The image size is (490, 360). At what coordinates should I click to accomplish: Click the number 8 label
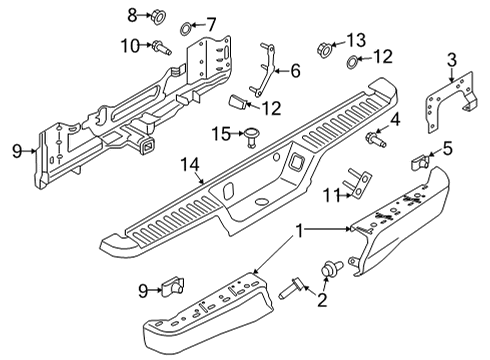(131, 14)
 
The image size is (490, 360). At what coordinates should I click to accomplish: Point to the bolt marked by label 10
(160, 45)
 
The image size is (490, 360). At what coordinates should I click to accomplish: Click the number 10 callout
(130, 45)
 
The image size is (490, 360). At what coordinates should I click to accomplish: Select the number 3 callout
(452, 59)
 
